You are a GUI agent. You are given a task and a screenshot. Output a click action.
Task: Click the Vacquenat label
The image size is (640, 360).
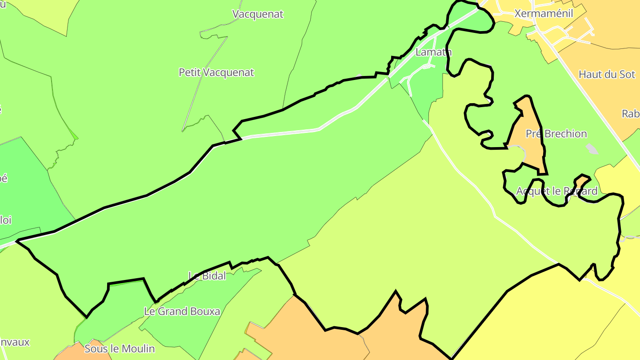tap(258, 14)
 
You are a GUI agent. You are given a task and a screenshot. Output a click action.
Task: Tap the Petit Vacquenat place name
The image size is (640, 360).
tap(216, 72)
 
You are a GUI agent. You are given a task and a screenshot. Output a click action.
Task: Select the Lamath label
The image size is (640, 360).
tap(433, 52)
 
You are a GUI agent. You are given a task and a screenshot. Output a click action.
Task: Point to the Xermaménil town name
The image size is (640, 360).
tap(544, 13)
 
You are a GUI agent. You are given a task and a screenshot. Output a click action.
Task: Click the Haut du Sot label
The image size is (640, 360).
tap(607, 74)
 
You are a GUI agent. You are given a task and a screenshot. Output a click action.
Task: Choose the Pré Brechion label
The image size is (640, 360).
tap(556, 133)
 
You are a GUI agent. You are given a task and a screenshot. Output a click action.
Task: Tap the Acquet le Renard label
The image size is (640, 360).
tap(556, 191)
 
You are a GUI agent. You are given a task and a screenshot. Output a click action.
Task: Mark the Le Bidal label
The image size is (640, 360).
tap(207, 276)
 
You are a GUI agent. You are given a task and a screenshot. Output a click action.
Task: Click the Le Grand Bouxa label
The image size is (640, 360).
tap(182, 311)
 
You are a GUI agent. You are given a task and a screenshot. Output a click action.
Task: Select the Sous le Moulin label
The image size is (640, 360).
tap(120, 348)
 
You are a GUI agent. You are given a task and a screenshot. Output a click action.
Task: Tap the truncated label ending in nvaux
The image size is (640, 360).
tap(15, 342)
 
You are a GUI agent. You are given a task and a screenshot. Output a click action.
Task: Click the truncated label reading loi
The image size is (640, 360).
tap(5, 220)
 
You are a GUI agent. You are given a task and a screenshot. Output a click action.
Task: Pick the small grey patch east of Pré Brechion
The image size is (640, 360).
tap(592, 149)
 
